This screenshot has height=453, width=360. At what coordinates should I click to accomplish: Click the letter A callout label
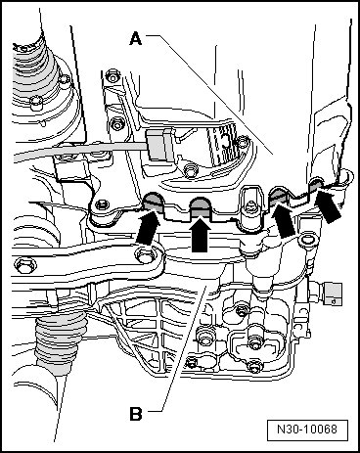click(136, 39)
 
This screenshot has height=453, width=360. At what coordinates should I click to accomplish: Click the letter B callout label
click(136, 414)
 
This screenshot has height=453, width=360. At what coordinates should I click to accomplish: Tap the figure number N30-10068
click(307, 430)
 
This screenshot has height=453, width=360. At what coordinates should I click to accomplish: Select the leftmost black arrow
click(149, 227)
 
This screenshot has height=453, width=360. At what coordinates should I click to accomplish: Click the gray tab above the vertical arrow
click(200, 206)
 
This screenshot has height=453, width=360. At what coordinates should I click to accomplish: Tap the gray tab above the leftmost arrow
click(153, 202)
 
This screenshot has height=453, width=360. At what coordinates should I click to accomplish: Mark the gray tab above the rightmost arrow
click(316, 185)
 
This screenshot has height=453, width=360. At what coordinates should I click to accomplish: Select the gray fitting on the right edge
click(333, 294)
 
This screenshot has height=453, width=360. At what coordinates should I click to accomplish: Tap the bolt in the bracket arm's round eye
click(145, 254)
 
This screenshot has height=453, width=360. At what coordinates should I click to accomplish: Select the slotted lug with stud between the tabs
click(251, 207)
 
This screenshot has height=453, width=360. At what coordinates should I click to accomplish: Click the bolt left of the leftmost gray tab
click(102, 205)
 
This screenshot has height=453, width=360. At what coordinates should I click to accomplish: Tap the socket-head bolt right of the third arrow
click(306, 241)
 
